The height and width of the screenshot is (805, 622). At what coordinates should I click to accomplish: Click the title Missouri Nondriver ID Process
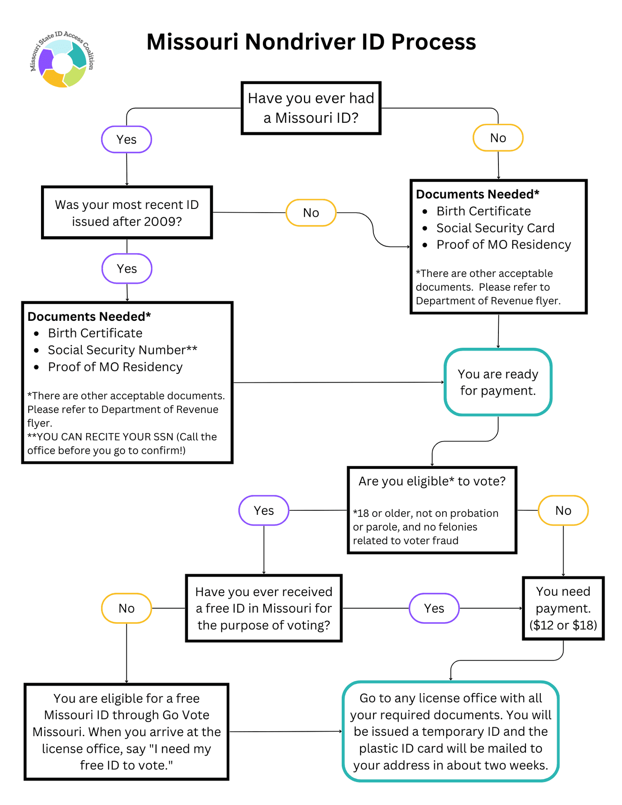click(x=311, y=42)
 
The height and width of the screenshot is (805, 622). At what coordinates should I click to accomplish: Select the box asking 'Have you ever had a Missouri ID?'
click(x=311, y=108)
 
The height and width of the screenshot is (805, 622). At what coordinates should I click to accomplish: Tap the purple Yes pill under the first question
click(x=126, y=139)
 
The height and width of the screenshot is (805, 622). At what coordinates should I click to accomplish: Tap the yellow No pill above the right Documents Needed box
click(x=498, y=138)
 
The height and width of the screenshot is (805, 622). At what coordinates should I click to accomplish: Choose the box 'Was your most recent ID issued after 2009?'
click(x=127, y=213)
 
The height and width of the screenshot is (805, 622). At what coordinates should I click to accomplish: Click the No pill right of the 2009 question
click(x=311, y=213)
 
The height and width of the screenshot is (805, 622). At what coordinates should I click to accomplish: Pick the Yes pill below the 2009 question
click(x=127, y=269)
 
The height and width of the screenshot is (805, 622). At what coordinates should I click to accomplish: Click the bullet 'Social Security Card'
click(x=495, y=228)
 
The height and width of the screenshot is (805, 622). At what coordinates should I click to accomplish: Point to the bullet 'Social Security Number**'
click(x=122, y=350)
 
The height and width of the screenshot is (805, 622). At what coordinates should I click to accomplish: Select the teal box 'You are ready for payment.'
click(x=498, y=382)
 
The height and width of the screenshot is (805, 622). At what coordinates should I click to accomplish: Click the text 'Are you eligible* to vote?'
click(x=432, y=481)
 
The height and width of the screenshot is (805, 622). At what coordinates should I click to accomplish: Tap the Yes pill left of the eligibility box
click(x=264, y=510)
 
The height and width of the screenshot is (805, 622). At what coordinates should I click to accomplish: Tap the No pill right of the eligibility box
click(x=563, y=510)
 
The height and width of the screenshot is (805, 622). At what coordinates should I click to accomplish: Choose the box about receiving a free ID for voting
click(x=264, y=608)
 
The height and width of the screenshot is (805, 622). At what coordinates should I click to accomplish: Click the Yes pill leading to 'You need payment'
click(x=434, y=608)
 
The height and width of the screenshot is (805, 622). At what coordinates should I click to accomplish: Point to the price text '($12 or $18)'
click(x=563, y=625)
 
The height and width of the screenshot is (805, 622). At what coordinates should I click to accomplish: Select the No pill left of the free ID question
click(x=126, y=608)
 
